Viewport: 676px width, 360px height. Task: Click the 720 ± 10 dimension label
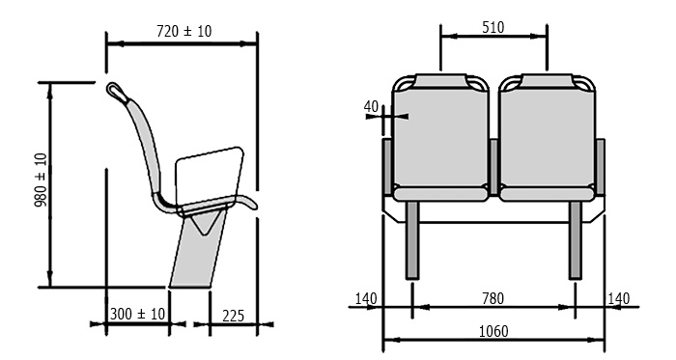pyautogui.click(x=184, y=31)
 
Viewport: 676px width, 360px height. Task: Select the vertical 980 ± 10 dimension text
pyautogui.click(x=41, y=180)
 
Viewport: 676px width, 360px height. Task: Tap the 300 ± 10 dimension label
pyautogui.click(x=137, y=314)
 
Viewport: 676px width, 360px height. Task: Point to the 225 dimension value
pyautogui.click(x=234, y=316)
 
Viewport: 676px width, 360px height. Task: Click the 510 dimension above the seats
pyautogui.click(x=493, y=28)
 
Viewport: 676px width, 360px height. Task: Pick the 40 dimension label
pyautogui.click(x=371, y=106)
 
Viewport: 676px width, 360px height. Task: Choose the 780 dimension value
pyautogui.click(x=493, y=298)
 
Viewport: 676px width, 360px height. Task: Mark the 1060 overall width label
pyautogui.click(x=493, y=331)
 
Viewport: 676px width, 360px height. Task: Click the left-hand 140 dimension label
pyautogui.click(x=366, y=298)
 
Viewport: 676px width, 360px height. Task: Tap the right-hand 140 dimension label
pyautogui.click(x=618, y=298)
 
